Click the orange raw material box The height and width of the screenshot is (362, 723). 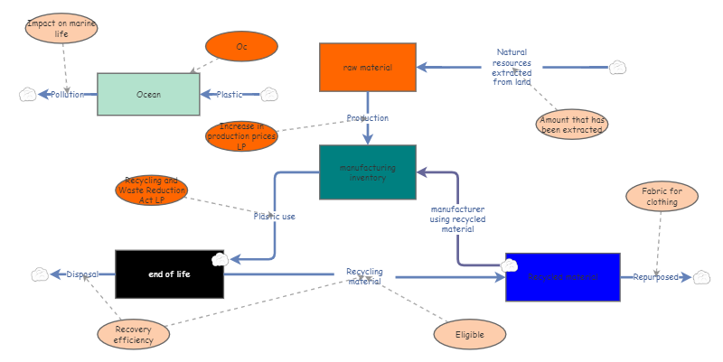click(368, 67)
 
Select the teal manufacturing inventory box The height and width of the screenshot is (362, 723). click(368, 172)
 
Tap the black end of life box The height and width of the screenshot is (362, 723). click(169, 274)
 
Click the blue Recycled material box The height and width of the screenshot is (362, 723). click(562, 277)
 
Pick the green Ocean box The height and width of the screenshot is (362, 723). click(148, 94)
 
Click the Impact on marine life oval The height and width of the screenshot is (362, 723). click(61, 28)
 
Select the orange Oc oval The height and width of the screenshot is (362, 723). click(241, 46)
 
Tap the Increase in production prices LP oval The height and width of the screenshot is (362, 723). click(241, 136)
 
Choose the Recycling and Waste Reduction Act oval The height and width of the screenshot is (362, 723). click(152, 190)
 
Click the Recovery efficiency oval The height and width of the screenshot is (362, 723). click(134, 334)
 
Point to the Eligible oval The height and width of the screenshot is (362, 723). click(469, 335)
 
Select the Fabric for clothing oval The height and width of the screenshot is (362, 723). click(662, 196)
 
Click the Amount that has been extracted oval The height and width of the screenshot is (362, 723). click(572, 124)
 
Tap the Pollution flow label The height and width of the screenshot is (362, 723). click(67, 94)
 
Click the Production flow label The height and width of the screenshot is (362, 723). click(368, 118)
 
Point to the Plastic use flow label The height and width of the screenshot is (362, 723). click(274, 216)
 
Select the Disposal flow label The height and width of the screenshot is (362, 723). click(82, 274)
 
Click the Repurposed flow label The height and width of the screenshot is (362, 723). click(655, 277)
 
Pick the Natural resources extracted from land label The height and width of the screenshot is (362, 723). click(512, 67)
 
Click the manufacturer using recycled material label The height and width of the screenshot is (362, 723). click(457, 219)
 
